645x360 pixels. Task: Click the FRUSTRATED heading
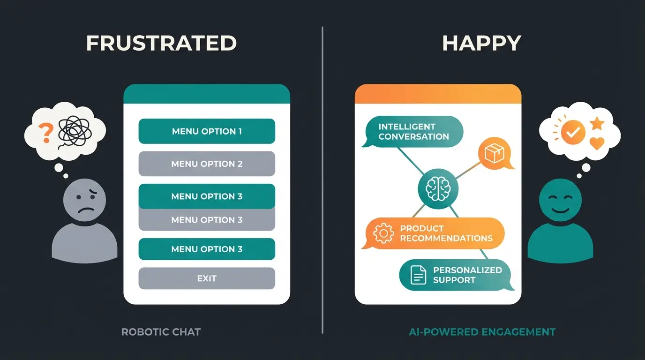tap(161, 43)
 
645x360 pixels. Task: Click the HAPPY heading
tap(481, 43)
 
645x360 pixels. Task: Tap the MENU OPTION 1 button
tap(207, 131)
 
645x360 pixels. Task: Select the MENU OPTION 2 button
tap(207, 164)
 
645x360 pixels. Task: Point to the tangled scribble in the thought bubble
tap(74, 132)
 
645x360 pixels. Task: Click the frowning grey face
tap(85, 202)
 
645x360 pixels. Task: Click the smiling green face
tap(560, 202)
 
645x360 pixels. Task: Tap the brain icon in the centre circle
tap(438, 189)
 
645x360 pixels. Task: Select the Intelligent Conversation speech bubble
tap(413, 132)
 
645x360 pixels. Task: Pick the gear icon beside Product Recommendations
tap(383, 233)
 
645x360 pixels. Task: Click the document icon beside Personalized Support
tap(418, 275)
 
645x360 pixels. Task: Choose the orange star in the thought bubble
tap(597, 124)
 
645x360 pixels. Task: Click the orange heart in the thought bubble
tap(597, 143)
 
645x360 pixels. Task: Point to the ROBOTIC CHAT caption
tap(161, 332)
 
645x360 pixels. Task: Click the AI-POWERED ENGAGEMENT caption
tap(482, 332)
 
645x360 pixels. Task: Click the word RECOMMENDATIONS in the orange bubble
tap(446, 238)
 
